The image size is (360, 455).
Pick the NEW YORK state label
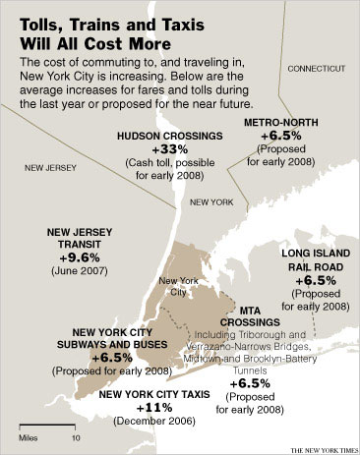210,201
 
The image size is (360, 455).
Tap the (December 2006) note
153,422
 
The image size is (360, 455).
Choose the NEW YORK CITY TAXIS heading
153,393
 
